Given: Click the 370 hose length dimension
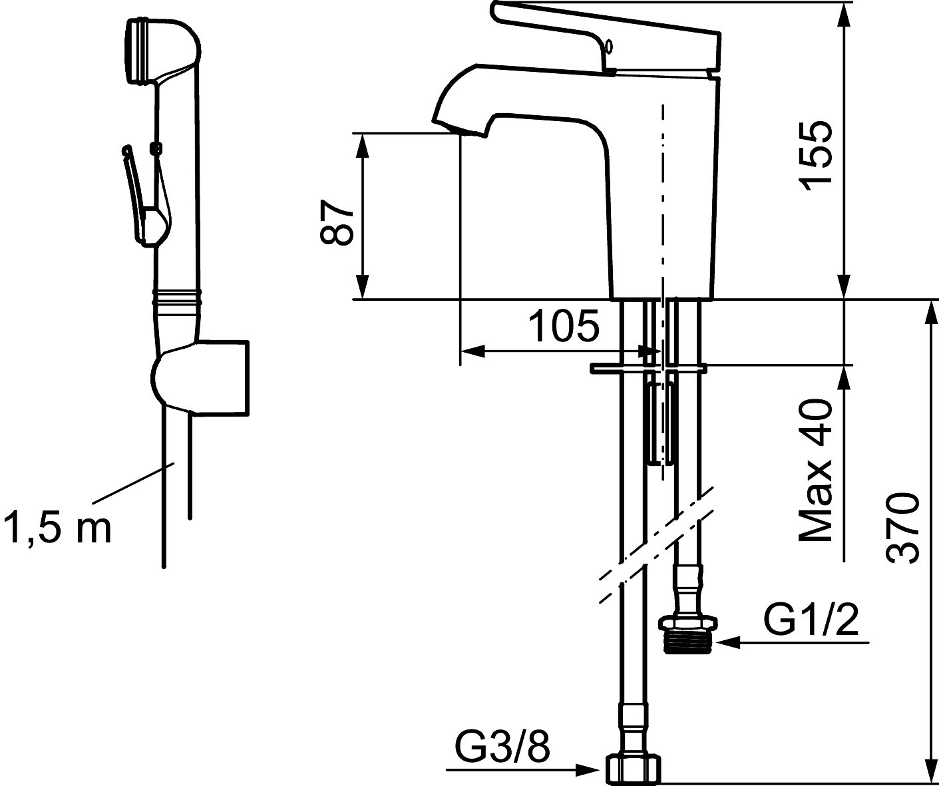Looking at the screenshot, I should point(904,528).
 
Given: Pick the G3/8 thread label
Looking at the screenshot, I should point(503,748).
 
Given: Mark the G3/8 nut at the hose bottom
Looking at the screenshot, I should point(634,769).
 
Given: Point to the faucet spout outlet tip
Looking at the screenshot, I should point(459,130).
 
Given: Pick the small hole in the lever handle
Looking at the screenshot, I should point(608,47).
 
